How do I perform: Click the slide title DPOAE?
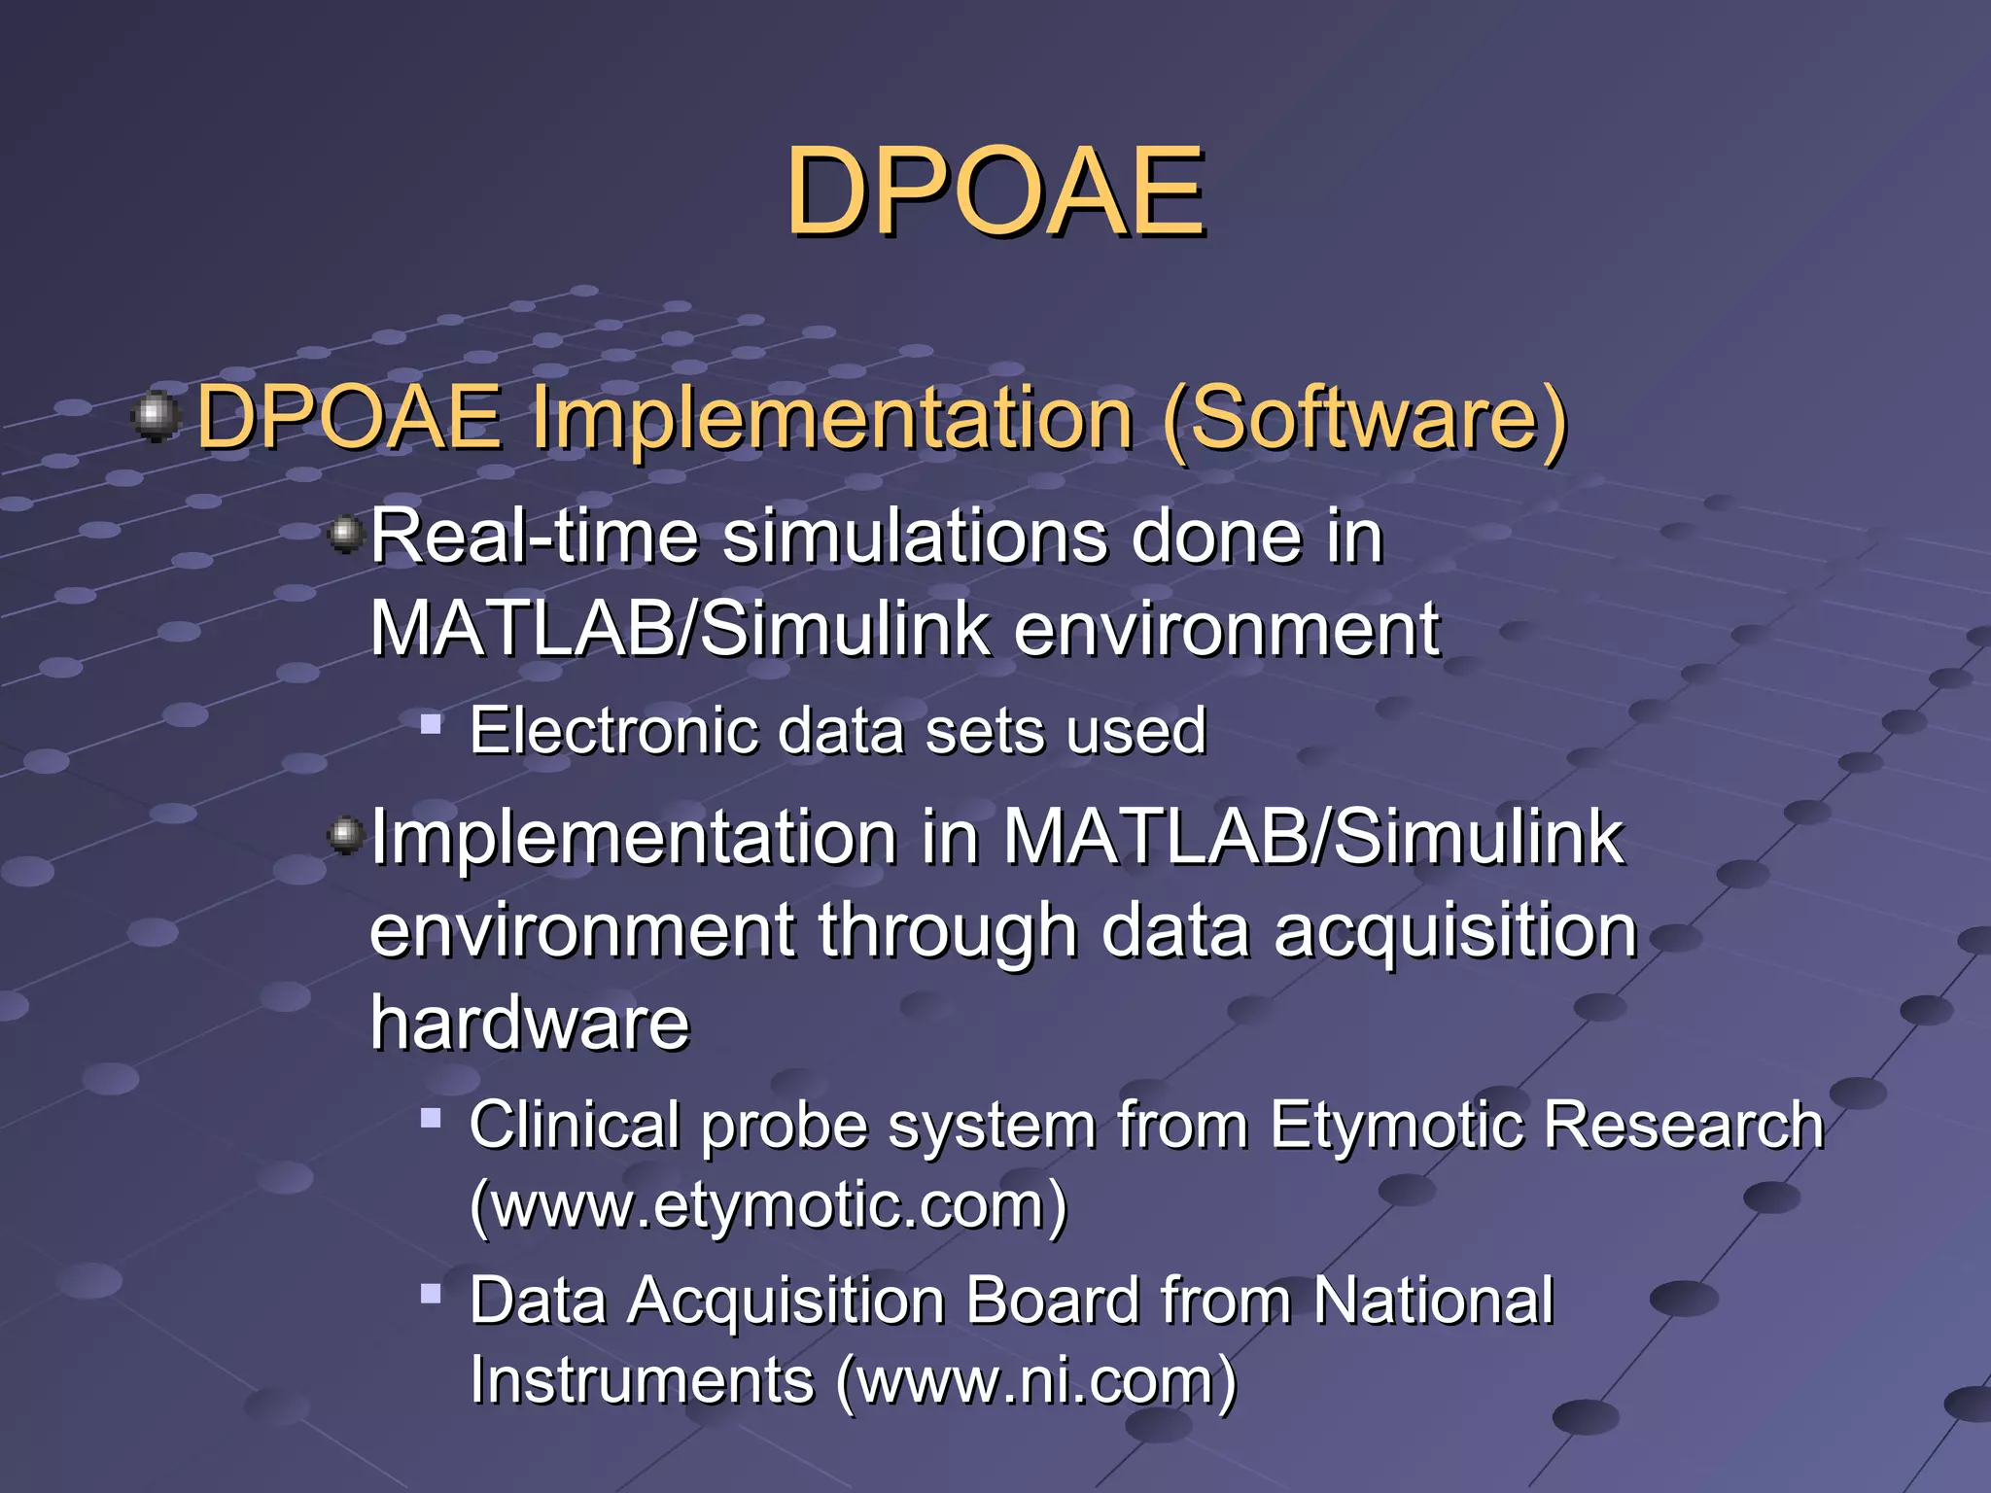(995, 191)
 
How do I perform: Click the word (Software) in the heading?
(1364, 419)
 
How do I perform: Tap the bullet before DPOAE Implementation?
(156, 418)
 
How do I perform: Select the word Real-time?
(535, 537)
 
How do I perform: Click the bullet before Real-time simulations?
(344, 534)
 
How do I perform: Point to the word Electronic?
(612, 731)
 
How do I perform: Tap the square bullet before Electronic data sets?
(431, 724)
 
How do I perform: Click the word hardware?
(530, 1024)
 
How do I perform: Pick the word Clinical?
(574, 1126)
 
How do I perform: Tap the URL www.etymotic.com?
(768, 1205)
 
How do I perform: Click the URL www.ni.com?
(1036, 1381)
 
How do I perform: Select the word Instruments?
(642, 1381)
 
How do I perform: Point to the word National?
(1433, 1301)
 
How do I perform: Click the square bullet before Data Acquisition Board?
(431, 1294)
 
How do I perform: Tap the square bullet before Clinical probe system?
(431, 1118)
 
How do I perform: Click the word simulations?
(914, 537)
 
